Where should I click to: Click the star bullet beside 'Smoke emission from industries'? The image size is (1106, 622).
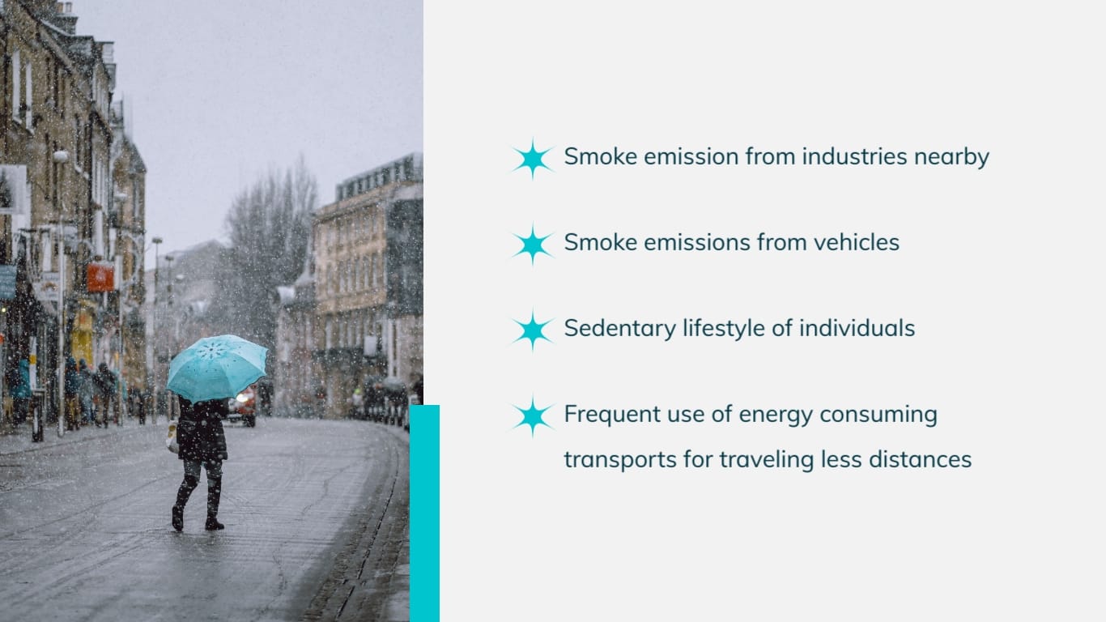tap(533, 158)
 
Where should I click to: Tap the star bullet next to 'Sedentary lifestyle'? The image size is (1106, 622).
tap(533, 330)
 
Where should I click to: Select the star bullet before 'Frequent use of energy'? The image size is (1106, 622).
tap(533, 415)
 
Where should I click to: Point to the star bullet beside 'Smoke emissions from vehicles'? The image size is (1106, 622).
tap(533, 244)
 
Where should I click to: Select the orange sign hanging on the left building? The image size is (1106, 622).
tap(100, 277)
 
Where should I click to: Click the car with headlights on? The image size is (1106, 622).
tap(242, 405)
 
